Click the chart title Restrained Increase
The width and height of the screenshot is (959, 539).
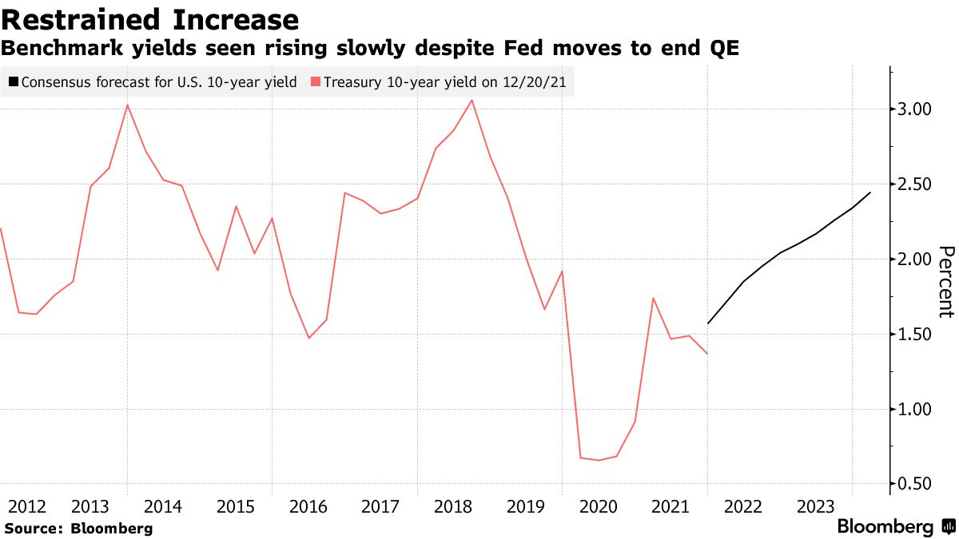click(149, 19)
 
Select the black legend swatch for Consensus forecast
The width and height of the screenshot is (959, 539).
click(14, 81)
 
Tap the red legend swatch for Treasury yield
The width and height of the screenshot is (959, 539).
click(316, 81)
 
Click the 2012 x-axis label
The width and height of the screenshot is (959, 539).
click(26, 506)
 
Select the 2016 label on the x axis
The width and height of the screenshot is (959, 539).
click(308, 506)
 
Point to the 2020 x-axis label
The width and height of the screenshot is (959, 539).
click(598, 506)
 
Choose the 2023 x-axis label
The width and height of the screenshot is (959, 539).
click(817, 506)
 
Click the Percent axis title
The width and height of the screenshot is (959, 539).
click(945, 282)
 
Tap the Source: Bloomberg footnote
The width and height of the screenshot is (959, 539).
click(78, 528)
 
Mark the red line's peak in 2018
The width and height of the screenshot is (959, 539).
click(472, 100)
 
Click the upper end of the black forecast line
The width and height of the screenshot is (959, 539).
click(870, 192)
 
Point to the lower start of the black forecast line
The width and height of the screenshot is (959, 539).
click(708, 323)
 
